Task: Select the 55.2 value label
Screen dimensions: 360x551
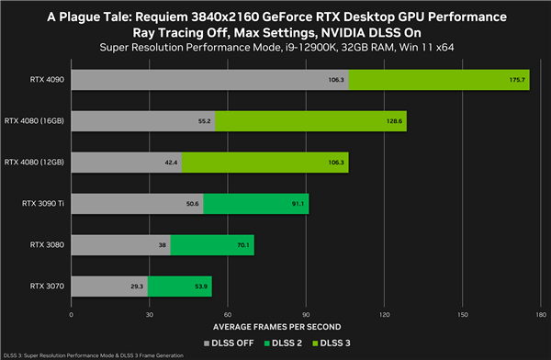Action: pyautogui.click(x=205, y=121)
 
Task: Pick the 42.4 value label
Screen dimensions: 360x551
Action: pyautogui.click(x=171, y=163)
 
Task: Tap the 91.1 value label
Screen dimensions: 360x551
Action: pyautogui.click(x=298, y=204)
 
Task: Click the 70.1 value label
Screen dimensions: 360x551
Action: pyautogui.click(x=243, y=245)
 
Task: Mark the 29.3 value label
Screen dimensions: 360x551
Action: pyautogui.click(x=137, y=287)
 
